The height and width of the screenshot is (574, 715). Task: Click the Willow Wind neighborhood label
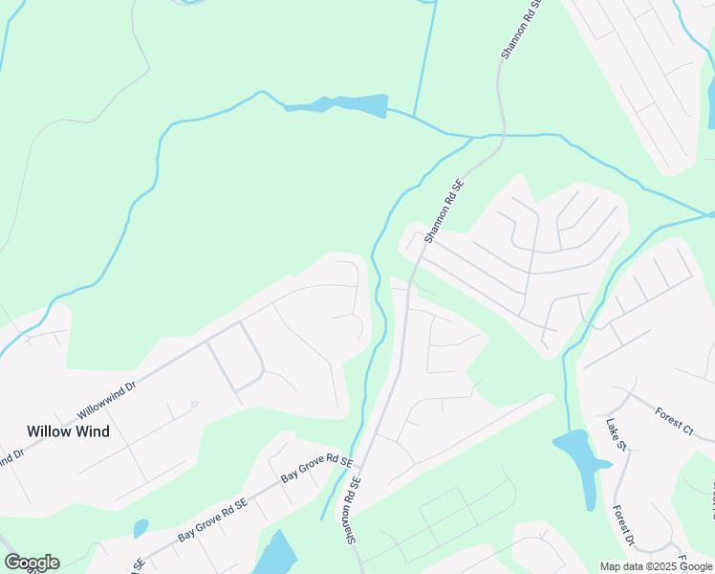[x=68, y=431]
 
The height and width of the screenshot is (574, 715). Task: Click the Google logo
[x=32, y=563]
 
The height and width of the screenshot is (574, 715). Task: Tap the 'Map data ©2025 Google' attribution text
[x=656, y=566]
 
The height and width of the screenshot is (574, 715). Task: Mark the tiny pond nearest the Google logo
[x=141, y=527]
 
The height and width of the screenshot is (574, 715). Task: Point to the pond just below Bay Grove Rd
[x=277, y=555]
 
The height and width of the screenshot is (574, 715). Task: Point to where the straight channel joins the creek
[x=413, y=117]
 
